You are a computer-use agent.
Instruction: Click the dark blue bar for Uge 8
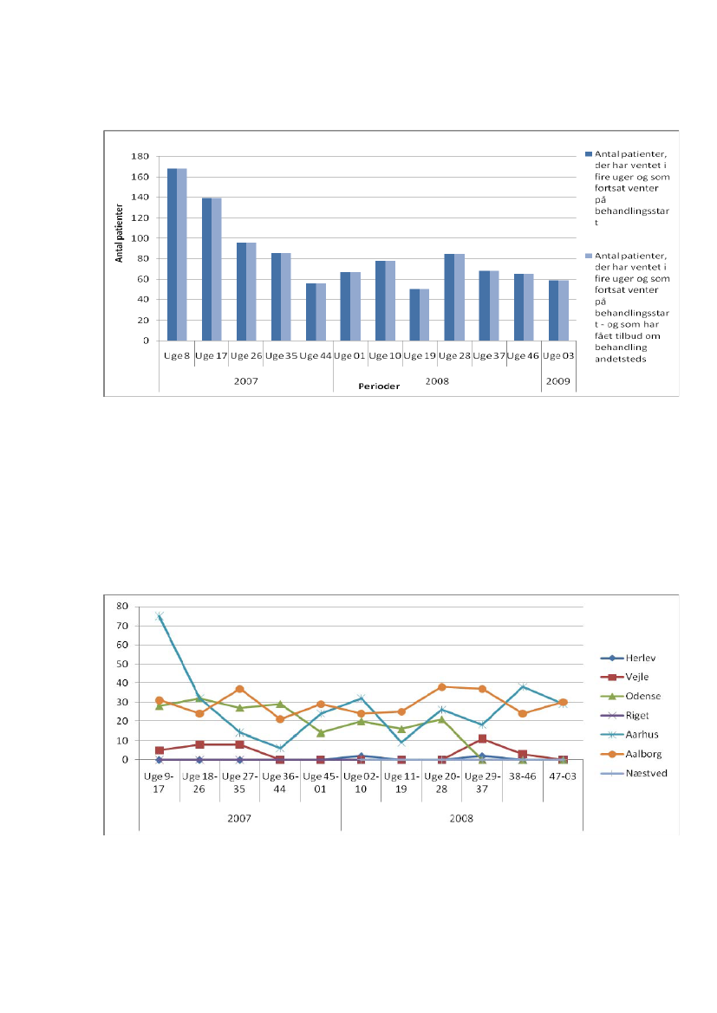tap(172, 254)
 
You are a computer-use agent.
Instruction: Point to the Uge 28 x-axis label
tap(454, 355)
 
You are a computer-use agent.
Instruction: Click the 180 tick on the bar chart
tap(140, 157)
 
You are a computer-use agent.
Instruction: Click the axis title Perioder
tap(380, 386)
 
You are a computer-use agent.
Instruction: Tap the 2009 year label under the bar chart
tap(557, 380)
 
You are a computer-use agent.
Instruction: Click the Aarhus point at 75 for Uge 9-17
tap(160, 616)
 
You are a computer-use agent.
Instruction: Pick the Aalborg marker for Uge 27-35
tap(240, 689)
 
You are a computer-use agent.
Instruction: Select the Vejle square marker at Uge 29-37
tap(482, 739)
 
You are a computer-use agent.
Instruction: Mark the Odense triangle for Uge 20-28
tap(441, 719)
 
